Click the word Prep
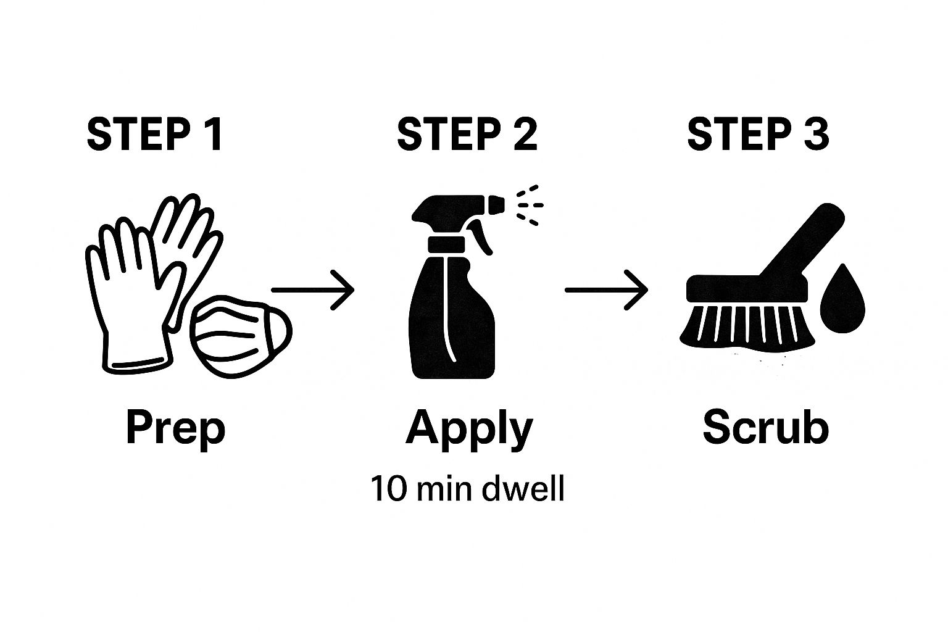(175, 428)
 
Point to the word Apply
(468, 428)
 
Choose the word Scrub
(765, 427)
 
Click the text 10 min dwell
(467, 489)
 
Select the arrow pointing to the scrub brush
(606, 289)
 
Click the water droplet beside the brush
(842, 299)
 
